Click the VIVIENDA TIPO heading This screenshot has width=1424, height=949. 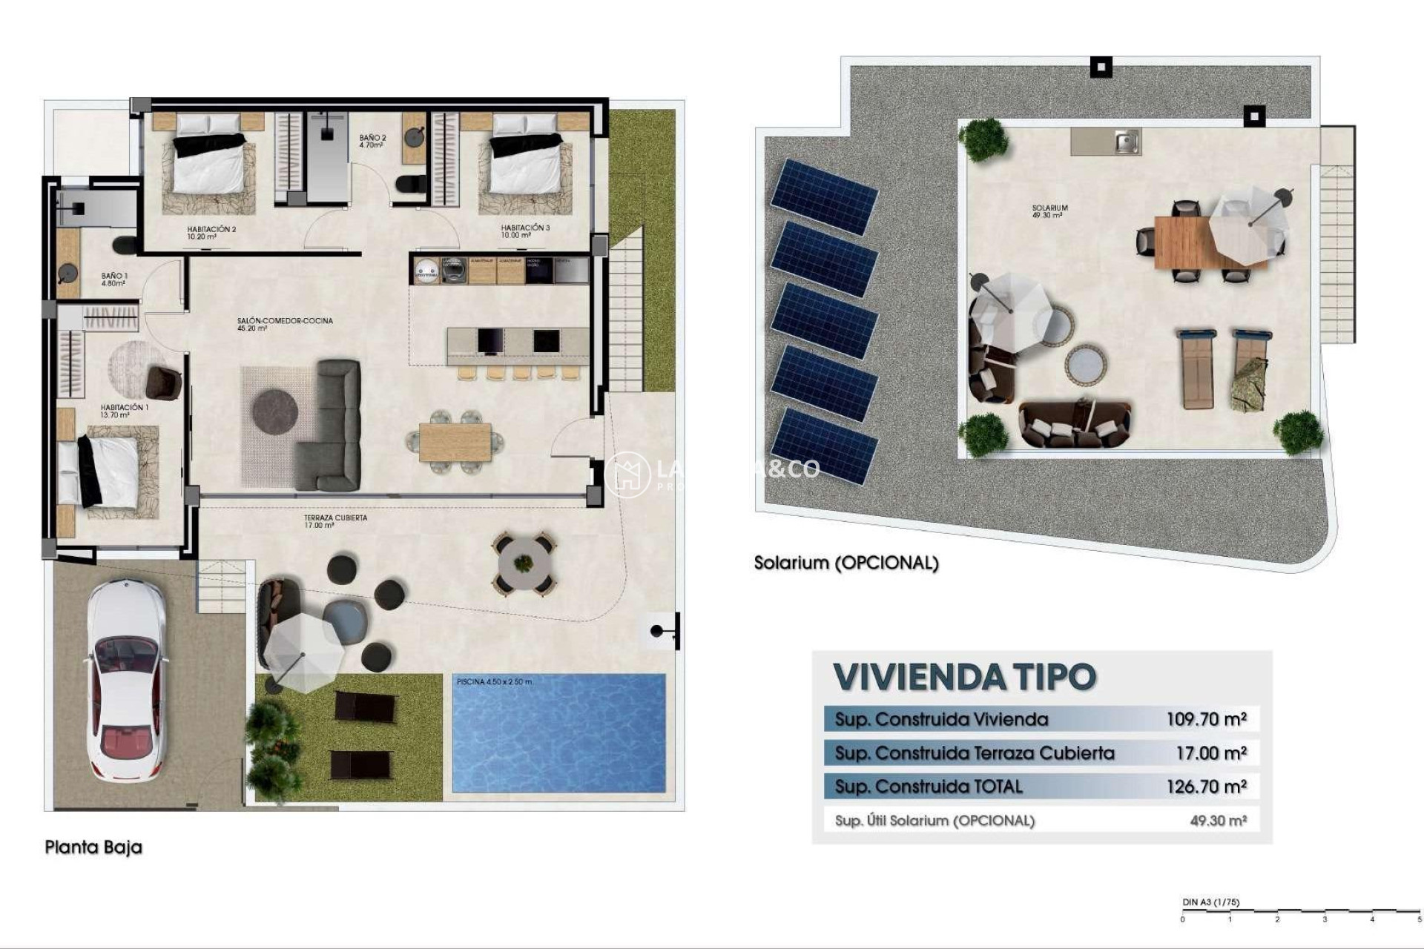(x=964, y=677)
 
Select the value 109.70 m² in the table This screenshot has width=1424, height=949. (x=1206, y=718)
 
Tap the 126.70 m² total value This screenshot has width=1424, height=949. (x=1206, y=787)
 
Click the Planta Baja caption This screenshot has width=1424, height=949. (x=93, y=847)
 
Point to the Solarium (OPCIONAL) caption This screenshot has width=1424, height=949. (x=846, y=563)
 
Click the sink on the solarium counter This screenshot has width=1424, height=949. (x=1127, y=141)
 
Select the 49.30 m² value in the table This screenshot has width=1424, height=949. (x=1218, y=821)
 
